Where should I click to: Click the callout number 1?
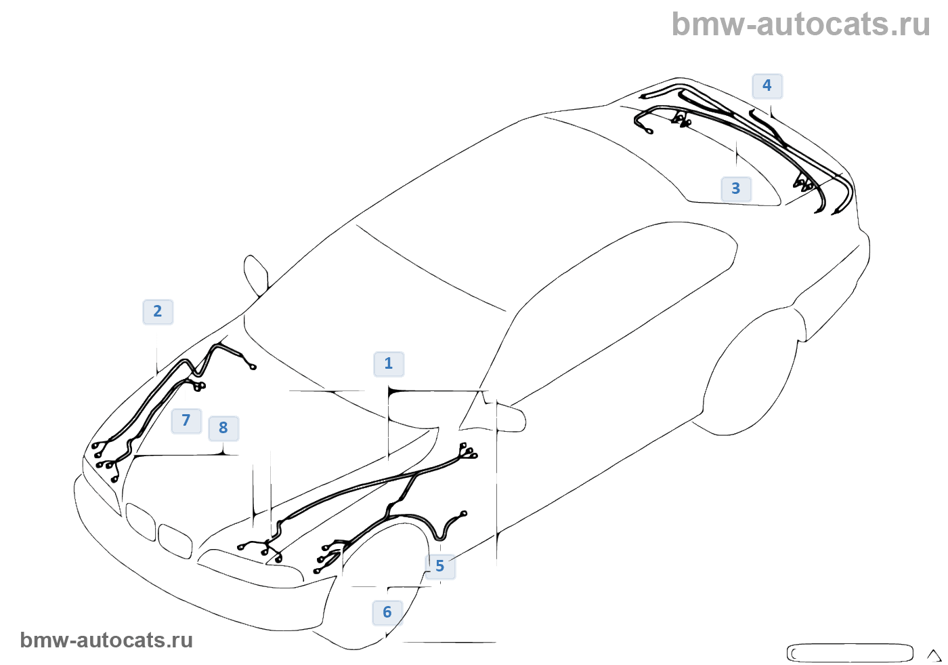pyautogui.click(x=389, y=364)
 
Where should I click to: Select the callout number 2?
pyautogui.click(x=158, y=312)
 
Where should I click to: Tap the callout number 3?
pyautogui.click(x=736, y=189)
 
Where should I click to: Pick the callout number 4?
pyautogui.click(x=767, y=86)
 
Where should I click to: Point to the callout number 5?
pyautogui.click(x=440, y=566)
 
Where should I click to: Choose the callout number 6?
pyautogui.click(x=387, y=613)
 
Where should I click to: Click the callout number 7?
pyautogui.click(x=186, y=421)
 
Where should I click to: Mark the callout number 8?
pyautogui.click(x=223, y=428)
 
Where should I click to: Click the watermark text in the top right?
pyautogui.click(x=800, y=24)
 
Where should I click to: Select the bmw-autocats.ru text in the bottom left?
pyautogui.click(x=106, y=641)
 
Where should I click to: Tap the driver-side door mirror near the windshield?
pyautogui.click(x=257, y=275)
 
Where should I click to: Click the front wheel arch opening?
pyautogui.click(x=379, y=583)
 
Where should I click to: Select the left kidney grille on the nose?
pyautogui.click(x=141, y=521)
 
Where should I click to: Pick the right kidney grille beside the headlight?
pyautogui.click(x=175, y=540)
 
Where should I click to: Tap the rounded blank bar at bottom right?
pyautogui.click(x=849, y=653)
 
